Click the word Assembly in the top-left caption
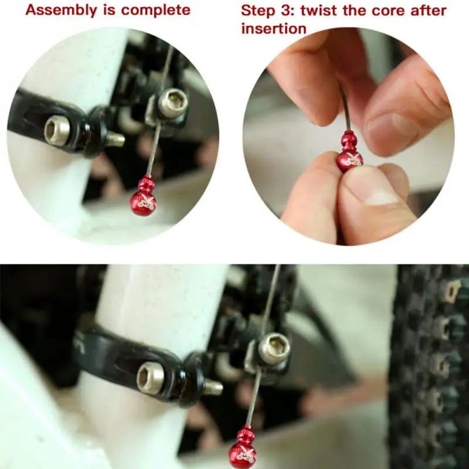(x=62, y=11)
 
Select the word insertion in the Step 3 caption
(x=274, y=29)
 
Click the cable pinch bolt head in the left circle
(x=173, y=103)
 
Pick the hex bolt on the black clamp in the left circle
(x=57, y=130)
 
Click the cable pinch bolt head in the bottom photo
(x=274, y=348)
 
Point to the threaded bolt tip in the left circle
(x=115, y=139)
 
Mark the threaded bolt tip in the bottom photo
(x=213, y=387)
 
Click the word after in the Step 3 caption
(x=429, y=11)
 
